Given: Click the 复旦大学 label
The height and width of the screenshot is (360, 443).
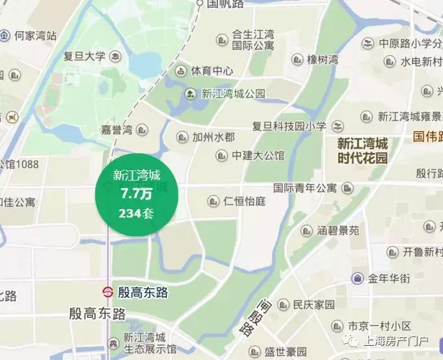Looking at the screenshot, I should tap(84, 56).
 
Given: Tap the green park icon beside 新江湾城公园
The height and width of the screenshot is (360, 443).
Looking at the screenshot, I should tap(190, 93).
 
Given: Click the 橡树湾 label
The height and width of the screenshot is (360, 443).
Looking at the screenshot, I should tap(323, 60).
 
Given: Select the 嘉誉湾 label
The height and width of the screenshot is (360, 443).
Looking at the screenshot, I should tap(117, 129).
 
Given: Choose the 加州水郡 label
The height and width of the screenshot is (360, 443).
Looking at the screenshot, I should tap(213, 137).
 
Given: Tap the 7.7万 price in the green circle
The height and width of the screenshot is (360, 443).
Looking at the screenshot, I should tap(137, 193).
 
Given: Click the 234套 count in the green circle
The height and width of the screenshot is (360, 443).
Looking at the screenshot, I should tap(137, 212).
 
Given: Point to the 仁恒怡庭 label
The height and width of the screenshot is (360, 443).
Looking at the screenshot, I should tap(244, 201).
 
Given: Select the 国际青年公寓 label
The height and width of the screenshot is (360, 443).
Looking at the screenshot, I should tap(305, 188).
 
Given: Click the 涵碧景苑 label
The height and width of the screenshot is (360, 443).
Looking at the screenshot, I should tap(338, 230).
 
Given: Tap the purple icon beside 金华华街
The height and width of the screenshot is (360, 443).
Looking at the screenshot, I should tap(357, 278).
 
